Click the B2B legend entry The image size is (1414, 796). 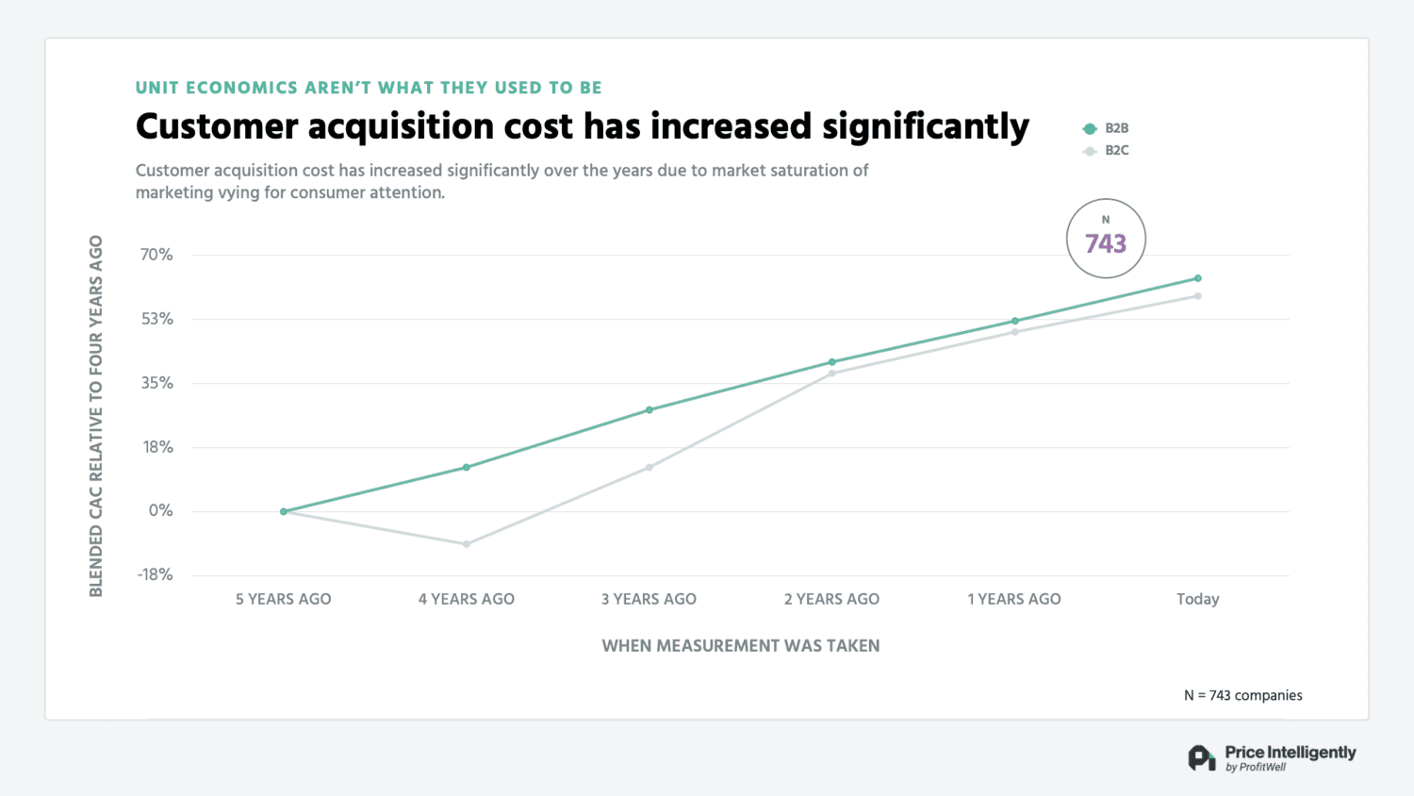(1107, 128)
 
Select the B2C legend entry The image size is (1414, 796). (1107, 151)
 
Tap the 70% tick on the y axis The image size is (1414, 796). (156, 255)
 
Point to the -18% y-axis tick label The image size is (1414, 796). (156, 574)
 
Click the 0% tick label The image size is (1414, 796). (161, 510)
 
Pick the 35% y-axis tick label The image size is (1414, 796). (156, 383)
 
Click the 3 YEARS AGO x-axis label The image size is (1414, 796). (649, 599)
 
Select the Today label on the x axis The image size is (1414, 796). (1197, 599)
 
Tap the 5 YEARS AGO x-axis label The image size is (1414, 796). (283, 599)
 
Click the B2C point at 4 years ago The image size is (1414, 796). (467, 544)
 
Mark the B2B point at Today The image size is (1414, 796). (1198, 278)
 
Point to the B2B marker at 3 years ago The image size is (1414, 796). (649, 410)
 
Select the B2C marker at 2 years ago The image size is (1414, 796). (832, 373)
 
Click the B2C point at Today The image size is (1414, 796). (1198, 296)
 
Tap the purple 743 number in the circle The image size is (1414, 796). (1106, 244)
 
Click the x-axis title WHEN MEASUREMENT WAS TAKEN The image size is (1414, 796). (741, 646)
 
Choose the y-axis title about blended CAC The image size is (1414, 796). (96, 416)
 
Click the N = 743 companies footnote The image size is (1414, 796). (1242, 695)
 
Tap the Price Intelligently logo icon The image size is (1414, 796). (1201, 758)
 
